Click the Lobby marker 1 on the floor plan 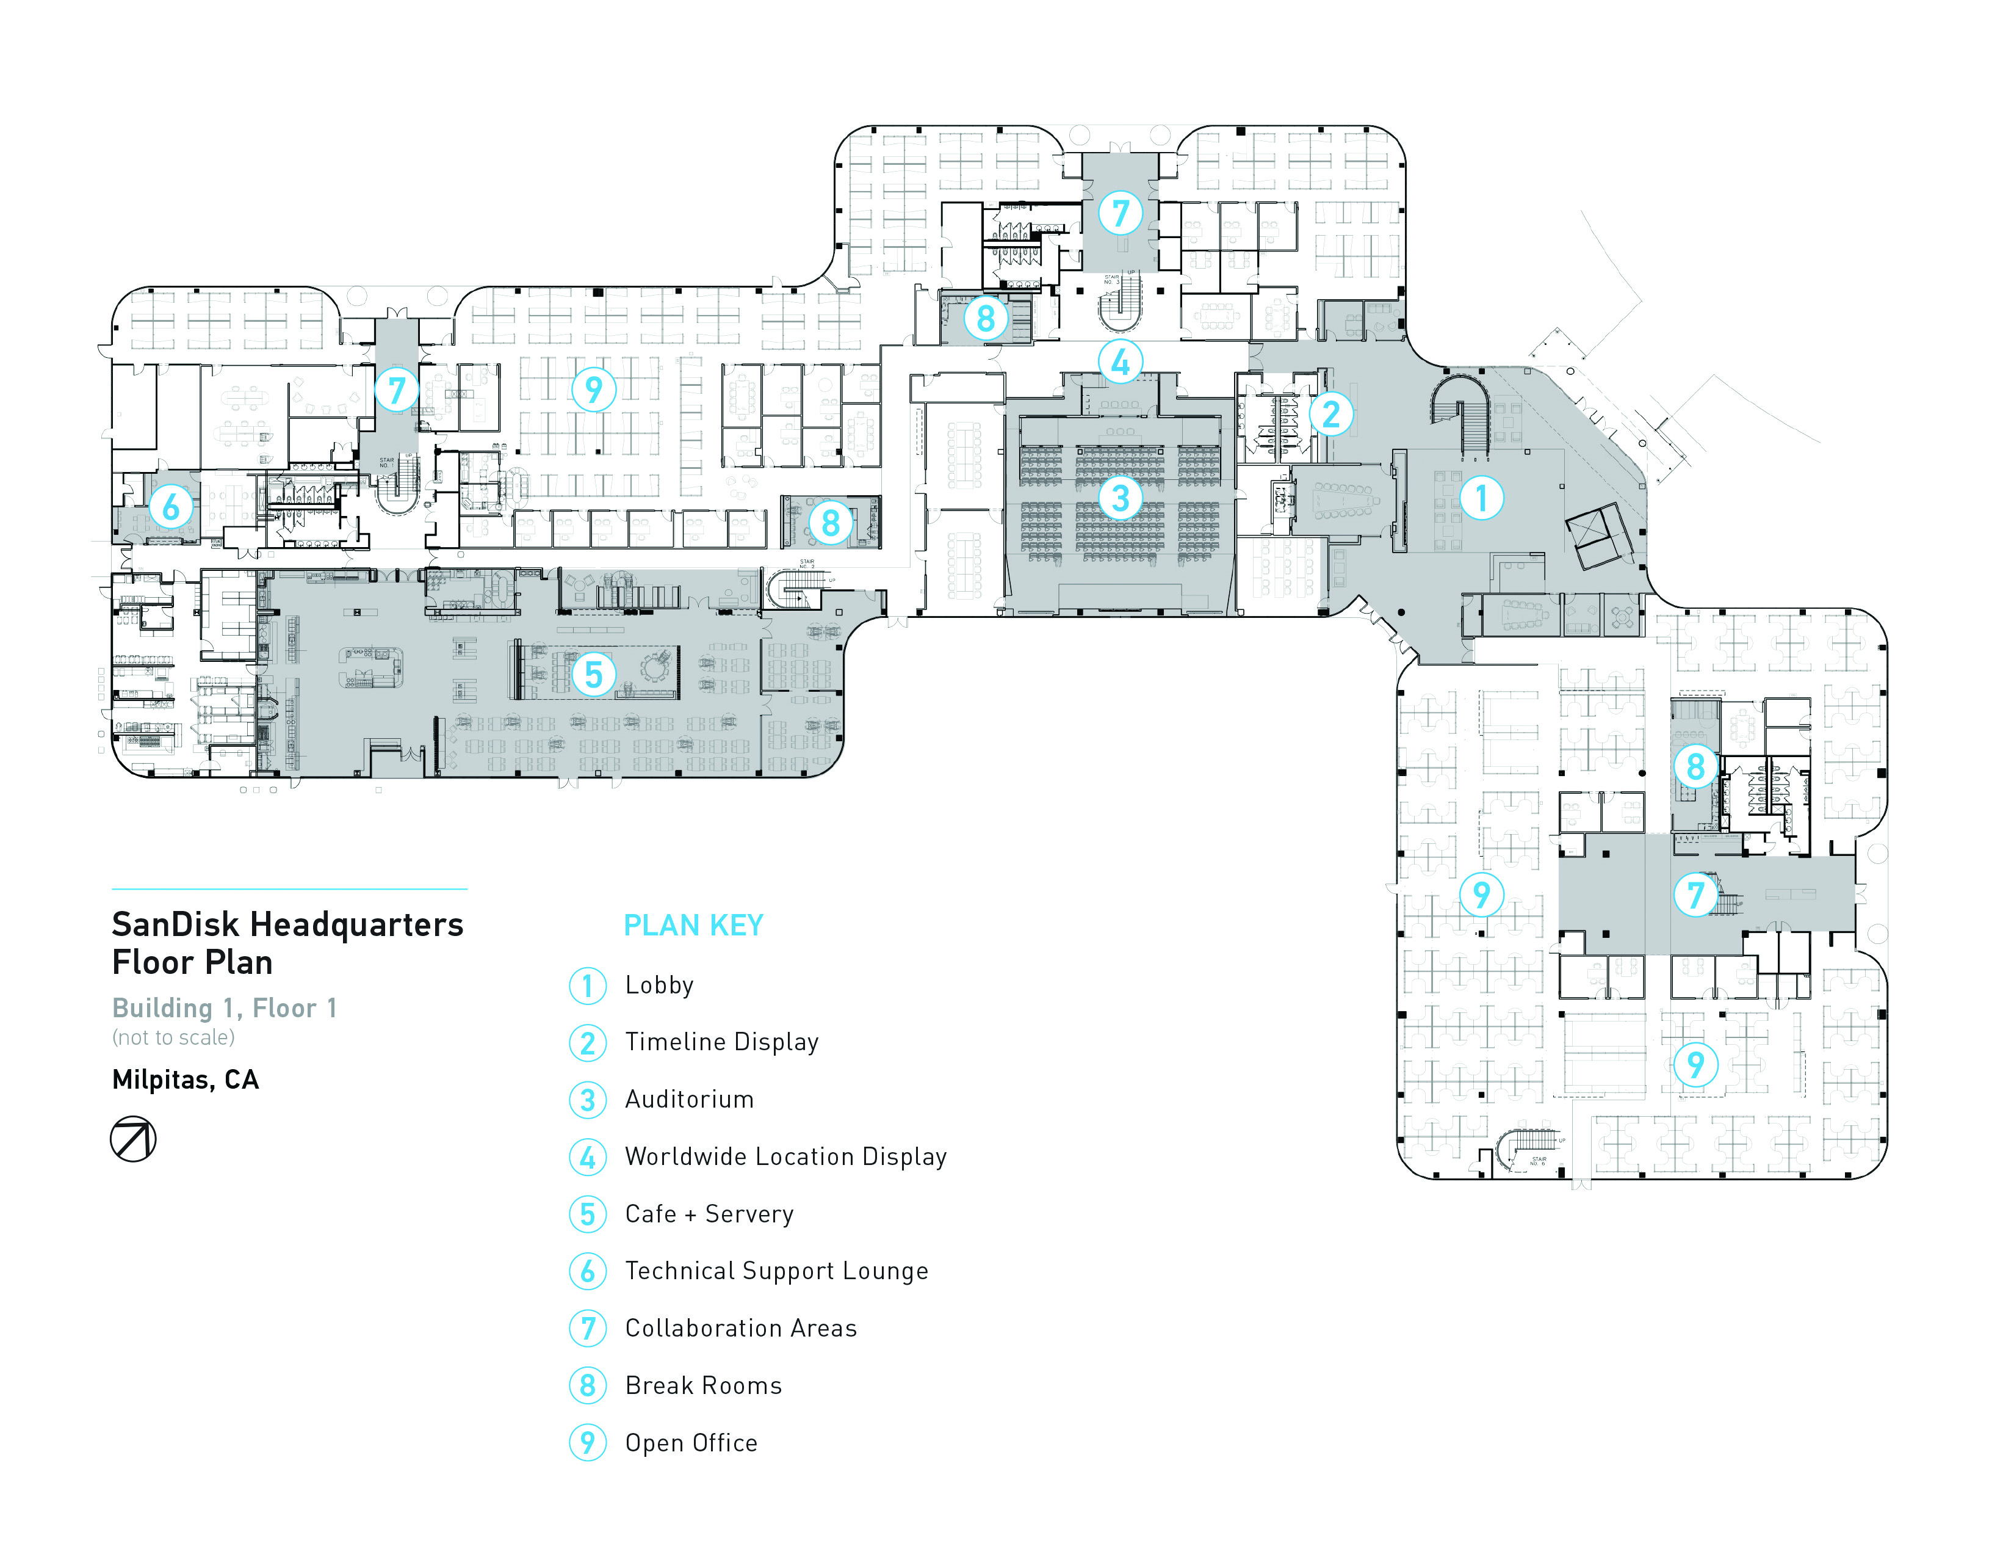[1481, 498]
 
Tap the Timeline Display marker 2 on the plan [1330, 413]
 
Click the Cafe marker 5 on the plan [593, 674]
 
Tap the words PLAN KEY [693, 925]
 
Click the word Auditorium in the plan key [689, 1100]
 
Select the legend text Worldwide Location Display [785, 1156]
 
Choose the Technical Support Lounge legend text [776, 1271]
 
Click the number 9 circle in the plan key [587, 1443]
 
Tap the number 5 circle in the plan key [587, 1214]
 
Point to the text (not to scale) [173, 1037]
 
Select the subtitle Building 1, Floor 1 [224, 1008]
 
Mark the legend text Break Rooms [702, 1385]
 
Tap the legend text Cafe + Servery [708, 1214]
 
